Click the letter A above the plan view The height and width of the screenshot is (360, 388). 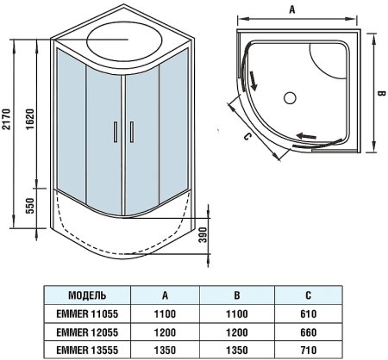[x=292, y=9]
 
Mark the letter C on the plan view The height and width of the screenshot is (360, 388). [x=247, y=135]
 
